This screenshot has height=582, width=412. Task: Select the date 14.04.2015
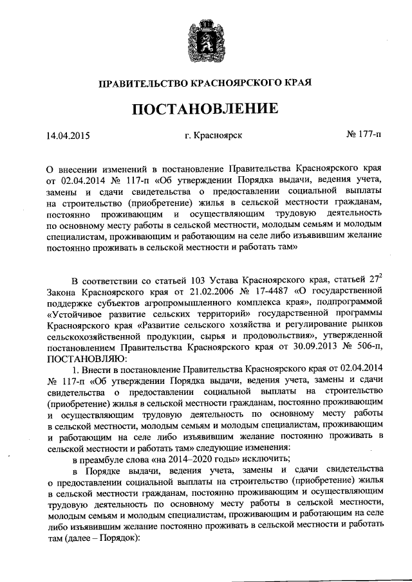click(x=68, y=136)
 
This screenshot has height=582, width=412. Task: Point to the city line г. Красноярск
click(x=212, y=136)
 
